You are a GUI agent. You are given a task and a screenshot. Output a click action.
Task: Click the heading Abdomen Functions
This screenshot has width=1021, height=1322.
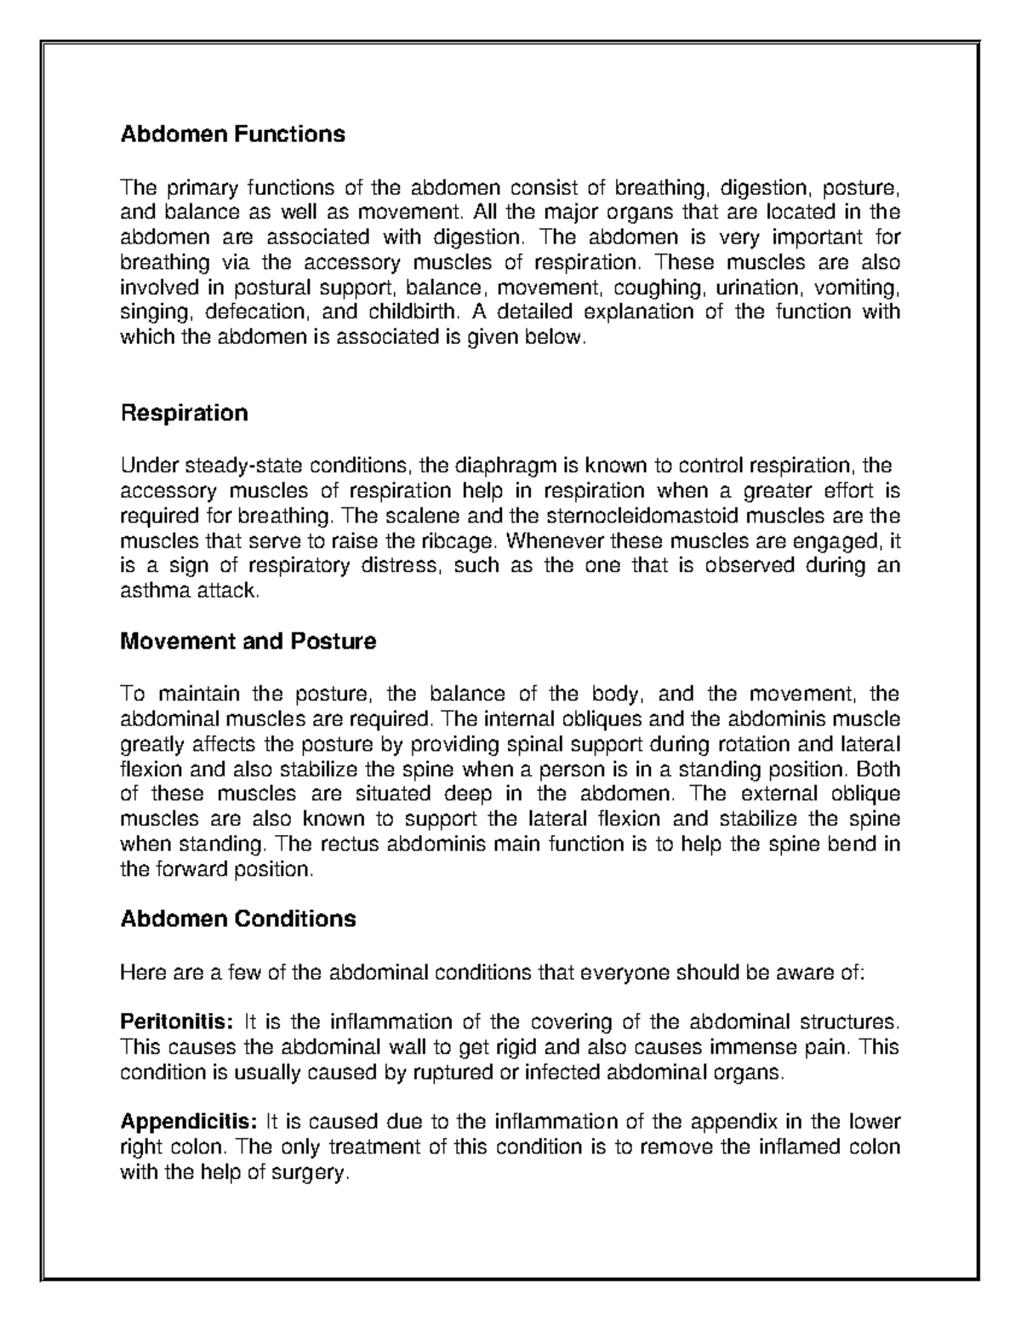coord(232,134)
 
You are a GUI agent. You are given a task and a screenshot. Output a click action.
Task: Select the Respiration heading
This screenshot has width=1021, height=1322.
coord(184,414)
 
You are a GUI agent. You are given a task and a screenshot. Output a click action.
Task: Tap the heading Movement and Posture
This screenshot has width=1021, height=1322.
coord(248,641)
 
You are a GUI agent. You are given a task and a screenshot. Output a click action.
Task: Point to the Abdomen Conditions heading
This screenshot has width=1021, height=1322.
coord(238,919)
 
